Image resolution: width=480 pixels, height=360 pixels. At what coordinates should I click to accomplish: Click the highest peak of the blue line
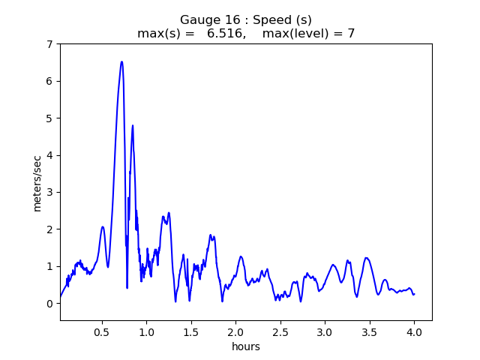pyautogui.click(x=121, y=62)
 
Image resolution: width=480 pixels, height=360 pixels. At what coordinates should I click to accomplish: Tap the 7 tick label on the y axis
pyautogui.click(x=49, y=44)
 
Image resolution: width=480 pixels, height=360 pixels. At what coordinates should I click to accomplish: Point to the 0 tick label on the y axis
pyautogui.click(x=49, y=304)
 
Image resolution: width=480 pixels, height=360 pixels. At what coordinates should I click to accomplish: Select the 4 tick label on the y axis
pyautogui.click(x=49, y=155)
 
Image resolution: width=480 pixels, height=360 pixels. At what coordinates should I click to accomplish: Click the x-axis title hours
pyautogui.click(x=246, y=346)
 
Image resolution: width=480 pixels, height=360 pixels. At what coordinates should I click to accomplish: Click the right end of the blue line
pyautogui.click(x=414, y=294)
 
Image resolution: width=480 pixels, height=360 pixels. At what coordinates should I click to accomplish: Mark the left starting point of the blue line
pyautogui.click(x=60, y=298)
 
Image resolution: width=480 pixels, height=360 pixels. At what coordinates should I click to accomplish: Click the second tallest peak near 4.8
pyautogui.click(x=133, y=126)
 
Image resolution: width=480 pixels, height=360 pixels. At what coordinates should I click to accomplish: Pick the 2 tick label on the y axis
pyautogui.click(x=49, y=229)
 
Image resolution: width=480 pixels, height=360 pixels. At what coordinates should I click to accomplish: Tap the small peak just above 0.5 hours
pyautogui.click(x=103, y=226)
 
